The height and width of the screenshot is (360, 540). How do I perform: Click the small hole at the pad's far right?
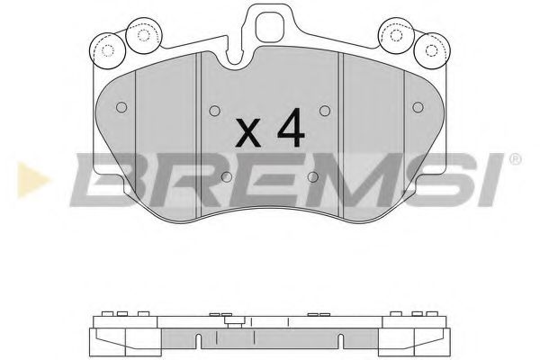(417, 105)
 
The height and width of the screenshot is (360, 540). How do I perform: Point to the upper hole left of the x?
(213, 112)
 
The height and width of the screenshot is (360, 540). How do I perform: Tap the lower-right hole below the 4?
(310, 176)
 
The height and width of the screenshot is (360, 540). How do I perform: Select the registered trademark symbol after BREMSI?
(514, 161)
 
